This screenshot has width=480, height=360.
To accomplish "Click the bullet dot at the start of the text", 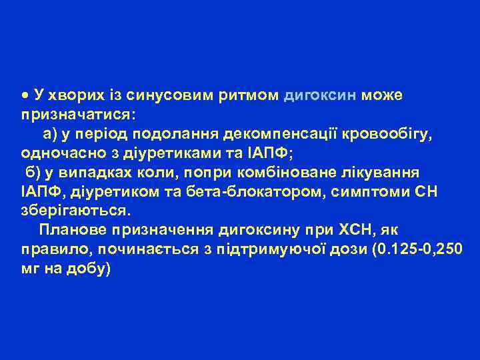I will click(x=24, y=95).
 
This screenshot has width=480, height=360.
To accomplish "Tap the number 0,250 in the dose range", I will click(x=441, y=249).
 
